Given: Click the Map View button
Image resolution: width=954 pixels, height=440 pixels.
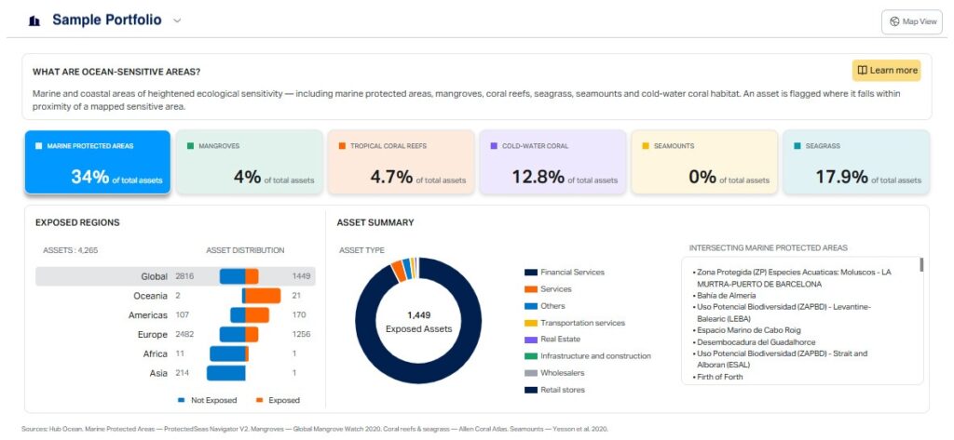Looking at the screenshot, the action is (x=911, y=22).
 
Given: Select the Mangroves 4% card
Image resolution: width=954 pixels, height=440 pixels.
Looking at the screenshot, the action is (x=250, y=162).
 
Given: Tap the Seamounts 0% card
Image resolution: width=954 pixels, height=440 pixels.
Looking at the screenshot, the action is (x=704, y=162).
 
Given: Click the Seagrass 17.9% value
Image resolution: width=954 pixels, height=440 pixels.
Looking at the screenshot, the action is (x=841, y=177).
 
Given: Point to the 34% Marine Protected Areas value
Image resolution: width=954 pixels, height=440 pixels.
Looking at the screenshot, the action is (x=90, y=177).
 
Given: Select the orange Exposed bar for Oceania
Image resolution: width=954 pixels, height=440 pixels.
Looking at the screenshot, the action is (x=263, y=296).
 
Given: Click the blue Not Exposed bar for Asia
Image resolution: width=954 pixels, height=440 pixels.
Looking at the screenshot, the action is (x=226, y=373).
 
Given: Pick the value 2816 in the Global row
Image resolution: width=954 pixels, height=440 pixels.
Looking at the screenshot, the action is (x=184, y=276).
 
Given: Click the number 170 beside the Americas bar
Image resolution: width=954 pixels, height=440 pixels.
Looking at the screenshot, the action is (x=299, y=315).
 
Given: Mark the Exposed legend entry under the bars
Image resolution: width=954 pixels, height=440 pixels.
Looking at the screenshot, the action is (x=278, y=401).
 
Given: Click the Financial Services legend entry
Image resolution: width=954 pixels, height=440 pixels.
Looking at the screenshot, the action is (x=565, y=273).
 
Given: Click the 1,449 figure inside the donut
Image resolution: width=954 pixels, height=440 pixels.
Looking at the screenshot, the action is (x=418, y=315).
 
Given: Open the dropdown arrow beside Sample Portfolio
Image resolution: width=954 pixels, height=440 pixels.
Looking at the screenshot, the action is (x=177, y=20).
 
